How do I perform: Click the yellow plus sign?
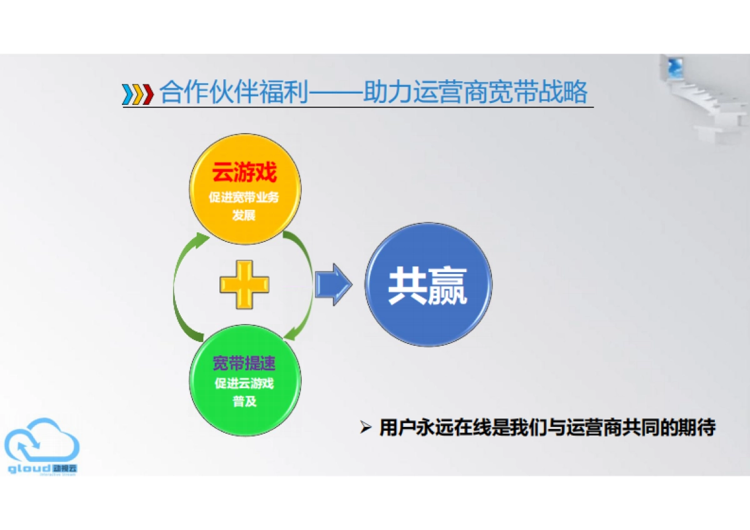pyautogui.click(x=244, y=284)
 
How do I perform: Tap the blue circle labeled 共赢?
pyautogui.click(x=428, y=285)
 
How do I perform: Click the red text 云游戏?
pyautogui.click(x=244, y=173)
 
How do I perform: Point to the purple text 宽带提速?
pyautogui.click(x=244, y=364)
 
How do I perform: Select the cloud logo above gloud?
pyautogui.click(x=42, y=439)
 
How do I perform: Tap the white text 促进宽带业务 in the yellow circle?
pyautogui.click(x=244, y=197)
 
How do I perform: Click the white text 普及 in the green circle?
pyautogui.click(x=244, y=401)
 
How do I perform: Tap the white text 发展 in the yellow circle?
pyautogui.click(x=244, y=215)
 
